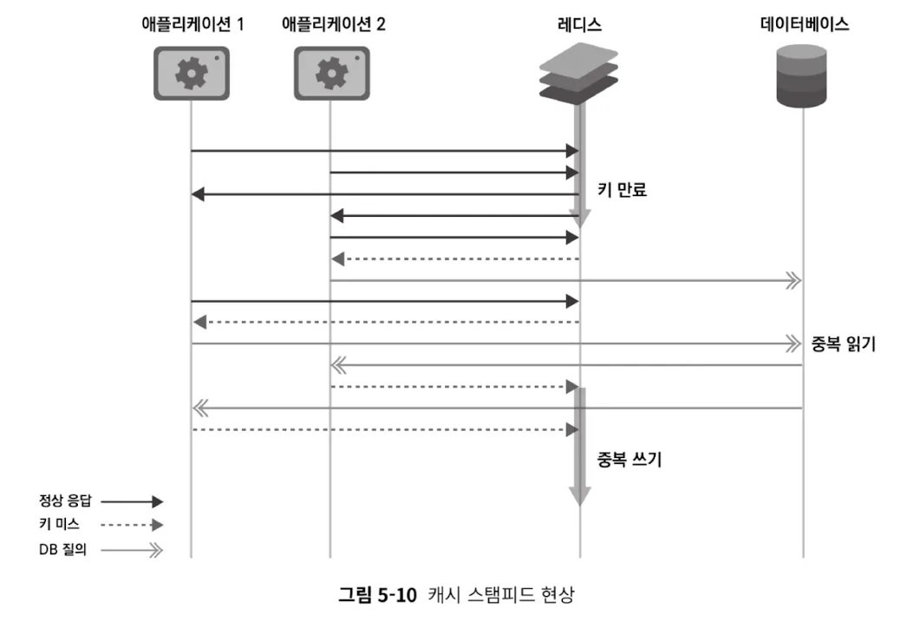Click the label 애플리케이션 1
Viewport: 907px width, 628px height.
(192, 24)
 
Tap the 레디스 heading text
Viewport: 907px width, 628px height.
(579, 24)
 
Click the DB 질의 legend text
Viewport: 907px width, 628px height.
(62, 549)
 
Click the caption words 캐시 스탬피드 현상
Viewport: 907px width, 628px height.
(501, 596)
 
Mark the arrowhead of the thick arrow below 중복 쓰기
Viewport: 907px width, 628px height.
(579, 495)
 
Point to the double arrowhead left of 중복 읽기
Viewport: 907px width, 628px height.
(790, 344)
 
